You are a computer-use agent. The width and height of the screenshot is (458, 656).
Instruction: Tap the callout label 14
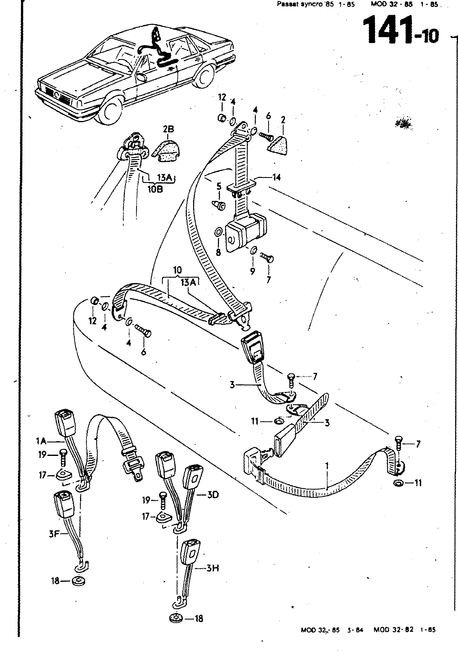click(277, 177)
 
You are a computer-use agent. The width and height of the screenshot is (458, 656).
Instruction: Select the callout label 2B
click(169, 130)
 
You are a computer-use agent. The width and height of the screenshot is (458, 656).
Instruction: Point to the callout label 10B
click(155, 189)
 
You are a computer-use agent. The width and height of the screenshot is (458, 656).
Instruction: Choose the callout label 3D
click(212, 495)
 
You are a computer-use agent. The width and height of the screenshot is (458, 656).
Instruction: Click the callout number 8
click(218, 253)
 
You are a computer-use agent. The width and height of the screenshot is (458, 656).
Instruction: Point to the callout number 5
click(219, 187)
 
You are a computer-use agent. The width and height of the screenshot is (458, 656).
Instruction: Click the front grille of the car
click(54, 93)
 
